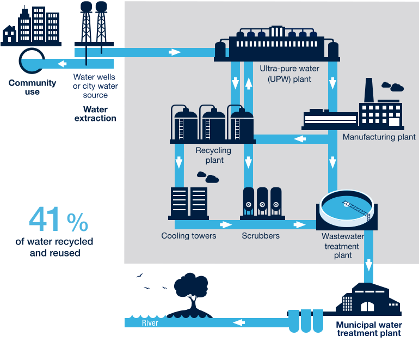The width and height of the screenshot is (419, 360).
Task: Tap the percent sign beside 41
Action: click(77, 221)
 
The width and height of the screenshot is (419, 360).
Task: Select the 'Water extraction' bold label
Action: click(95, 113)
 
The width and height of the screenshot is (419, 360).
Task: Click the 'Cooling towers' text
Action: click(189, 236)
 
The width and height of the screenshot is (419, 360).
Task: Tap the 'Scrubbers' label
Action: click(261, 236)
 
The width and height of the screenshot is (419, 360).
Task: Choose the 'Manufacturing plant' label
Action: click(379, 137)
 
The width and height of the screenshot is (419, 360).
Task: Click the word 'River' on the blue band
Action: click(150, 323)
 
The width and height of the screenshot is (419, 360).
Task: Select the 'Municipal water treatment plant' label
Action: click(368, 329)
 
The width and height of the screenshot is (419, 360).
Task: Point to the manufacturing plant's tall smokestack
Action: click(368, 89)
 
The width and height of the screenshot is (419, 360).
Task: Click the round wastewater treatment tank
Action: click(347, 208)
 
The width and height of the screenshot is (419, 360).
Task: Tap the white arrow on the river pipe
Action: click(238, 322)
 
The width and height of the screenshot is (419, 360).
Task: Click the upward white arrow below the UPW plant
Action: click(249, 83)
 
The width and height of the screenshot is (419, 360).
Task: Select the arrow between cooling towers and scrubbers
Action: click(224, 224)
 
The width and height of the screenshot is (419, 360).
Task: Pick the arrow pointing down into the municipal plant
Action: click(368, 265)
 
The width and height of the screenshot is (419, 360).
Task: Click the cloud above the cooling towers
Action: click(208, 176)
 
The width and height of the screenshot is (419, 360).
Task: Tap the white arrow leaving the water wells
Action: click(174, 52)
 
